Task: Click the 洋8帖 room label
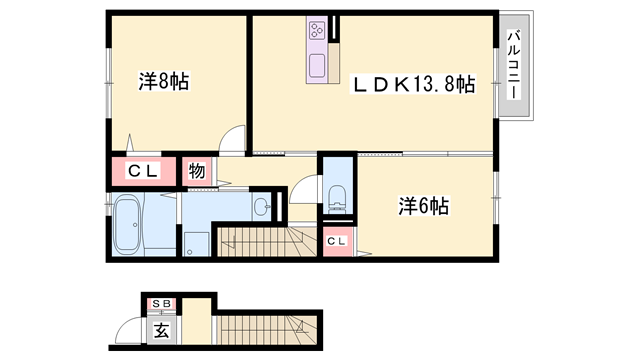164,81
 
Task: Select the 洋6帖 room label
424,207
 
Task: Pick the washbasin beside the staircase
262,208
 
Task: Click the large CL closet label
139,171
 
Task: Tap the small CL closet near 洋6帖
337,241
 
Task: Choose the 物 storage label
197,171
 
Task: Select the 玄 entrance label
161,328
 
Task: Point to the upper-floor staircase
265,239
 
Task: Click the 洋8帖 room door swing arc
232,140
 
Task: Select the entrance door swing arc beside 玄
133,330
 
